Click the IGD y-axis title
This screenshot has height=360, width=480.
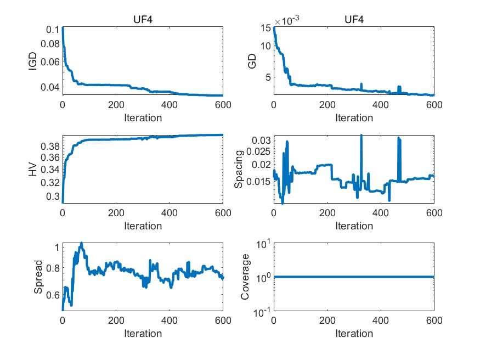[x=32, y=62]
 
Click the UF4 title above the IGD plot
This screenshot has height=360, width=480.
[x=142, y=20]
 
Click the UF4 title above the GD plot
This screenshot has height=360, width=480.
[x=354, y=20]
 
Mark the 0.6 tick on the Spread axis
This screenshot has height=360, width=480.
[x=52, y=295]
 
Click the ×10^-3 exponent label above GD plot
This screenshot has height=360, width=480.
[x=290, y=21]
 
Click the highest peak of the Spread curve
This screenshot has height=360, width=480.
[x=81, y=243]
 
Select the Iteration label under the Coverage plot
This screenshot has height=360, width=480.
[x=354, y=333]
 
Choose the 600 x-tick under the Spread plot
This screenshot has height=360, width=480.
[x=222, y=321]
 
